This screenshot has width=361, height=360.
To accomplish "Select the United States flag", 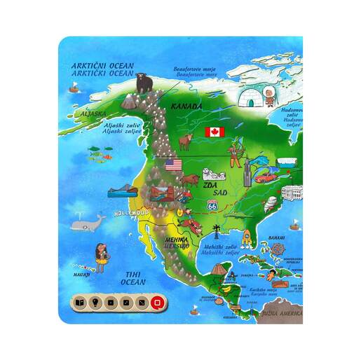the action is (173, 165).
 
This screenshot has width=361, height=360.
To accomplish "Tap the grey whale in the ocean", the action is (88, 225).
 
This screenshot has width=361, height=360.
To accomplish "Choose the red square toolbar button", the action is (158, 303).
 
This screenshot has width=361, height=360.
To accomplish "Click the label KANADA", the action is (186, 106).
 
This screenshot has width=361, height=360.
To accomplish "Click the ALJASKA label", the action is (74, 112).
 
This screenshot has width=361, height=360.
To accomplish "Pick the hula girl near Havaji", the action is (100, 256).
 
